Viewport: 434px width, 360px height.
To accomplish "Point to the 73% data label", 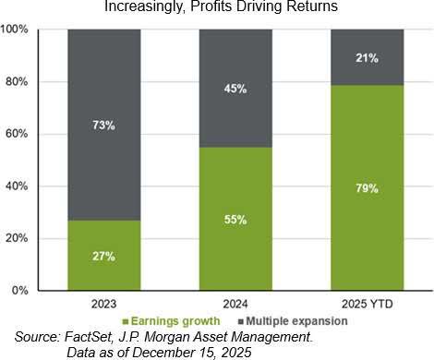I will coord(103,125).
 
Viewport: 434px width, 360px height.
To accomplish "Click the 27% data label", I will coord(103,256).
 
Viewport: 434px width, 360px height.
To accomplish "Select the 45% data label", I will coord(235,89).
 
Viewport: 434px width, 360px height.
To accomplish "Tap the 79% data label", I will coord(366,187).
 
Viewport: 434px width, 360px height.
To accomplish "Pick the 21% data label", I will coord(366,57).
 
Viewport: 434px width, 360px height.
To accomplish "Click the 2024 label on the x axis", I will coord(235,304).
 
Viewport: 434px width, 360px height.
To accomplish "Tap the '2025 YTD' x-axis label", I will coord(366,304).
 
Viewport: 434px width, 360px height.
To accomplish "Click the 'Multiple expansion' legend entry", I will coord(297,321).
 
